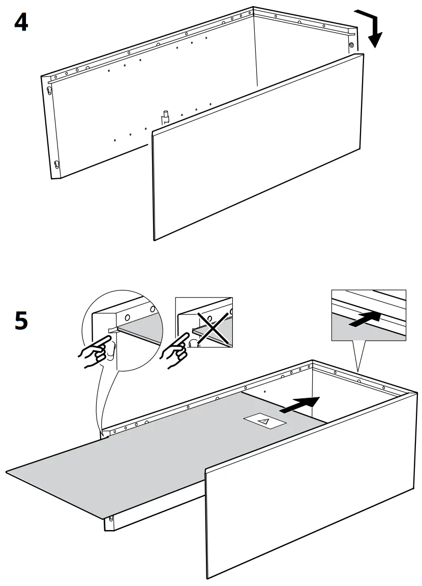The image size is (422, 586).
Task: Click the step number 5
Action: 21,321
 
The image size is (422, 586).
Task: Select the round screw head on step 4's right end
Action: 351,46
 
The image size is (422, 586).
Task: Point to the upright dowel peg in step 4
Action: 165,116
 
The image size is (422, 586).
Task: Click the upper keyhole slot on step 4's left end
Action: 49,91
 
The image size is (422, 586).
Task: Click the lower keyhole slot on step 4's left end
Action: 56,165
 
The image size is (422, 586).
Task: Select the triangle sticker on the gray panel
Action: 264,421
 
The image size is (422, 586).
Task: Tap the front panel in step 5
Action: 310,499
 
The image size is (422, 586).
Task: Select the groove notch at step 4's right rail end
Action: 351,31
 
